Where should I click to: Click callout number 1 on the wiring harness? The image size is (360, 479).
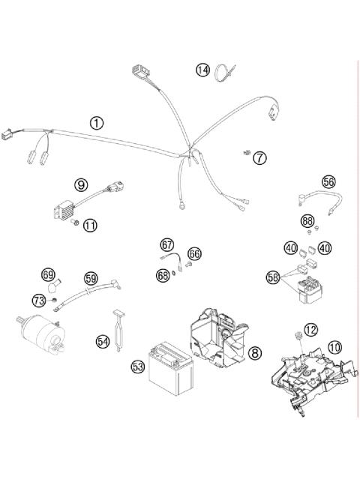click(96, 122)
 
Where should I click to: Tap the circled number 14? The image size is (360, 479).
click(203, 70)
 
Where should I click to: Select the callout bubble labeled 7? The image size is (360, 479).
click(259, 157)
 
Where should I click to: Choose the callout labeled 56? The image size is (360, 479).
click(328, 182)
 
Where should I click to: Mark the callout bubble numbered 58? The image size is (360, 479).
click(273, 277)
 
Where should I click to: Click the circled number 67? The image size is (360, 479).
click(166, 244)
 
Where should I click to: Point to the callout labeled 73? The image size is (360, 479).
click(38, 299)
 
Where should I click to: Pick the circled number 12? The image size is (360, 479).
click(310, 328)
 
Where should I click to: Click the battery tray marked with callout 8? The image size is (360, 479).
click(217, 340)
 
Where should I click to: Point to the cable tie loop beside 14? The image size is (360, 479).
click(223, 73)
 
